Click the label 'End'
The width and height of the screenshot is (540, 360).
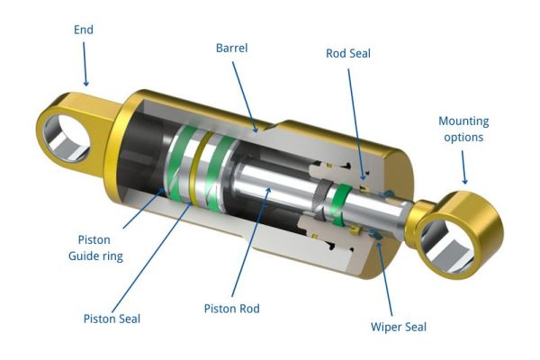click(83, 30)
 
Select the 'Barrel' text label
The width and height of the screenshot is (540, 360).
click(232, 47)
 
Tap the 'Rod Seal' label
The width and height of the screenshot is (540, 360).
click(348, 53)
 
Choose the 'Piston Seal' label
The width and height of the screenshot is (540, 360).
click(112, 317)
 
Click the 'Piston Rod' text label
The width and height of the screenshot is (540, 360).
click(231, 309)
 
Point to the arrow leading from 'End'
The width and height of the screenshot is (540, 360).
click(85, 63)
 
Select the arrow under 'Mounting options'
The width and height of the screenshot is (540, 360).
click(463, 166)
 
